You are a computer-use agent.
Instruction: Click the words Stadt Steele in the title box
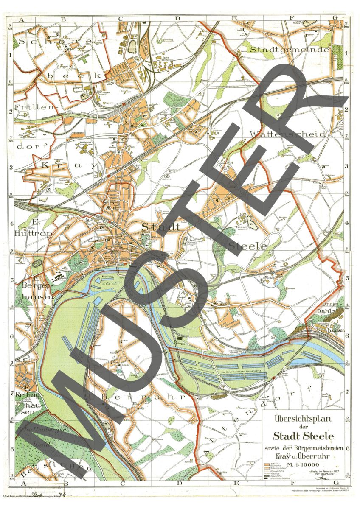pyautogui.click(x=303, y=436)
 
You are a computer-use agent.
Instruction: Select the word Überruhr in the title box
pyautogui.click(x=318, y=456)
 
